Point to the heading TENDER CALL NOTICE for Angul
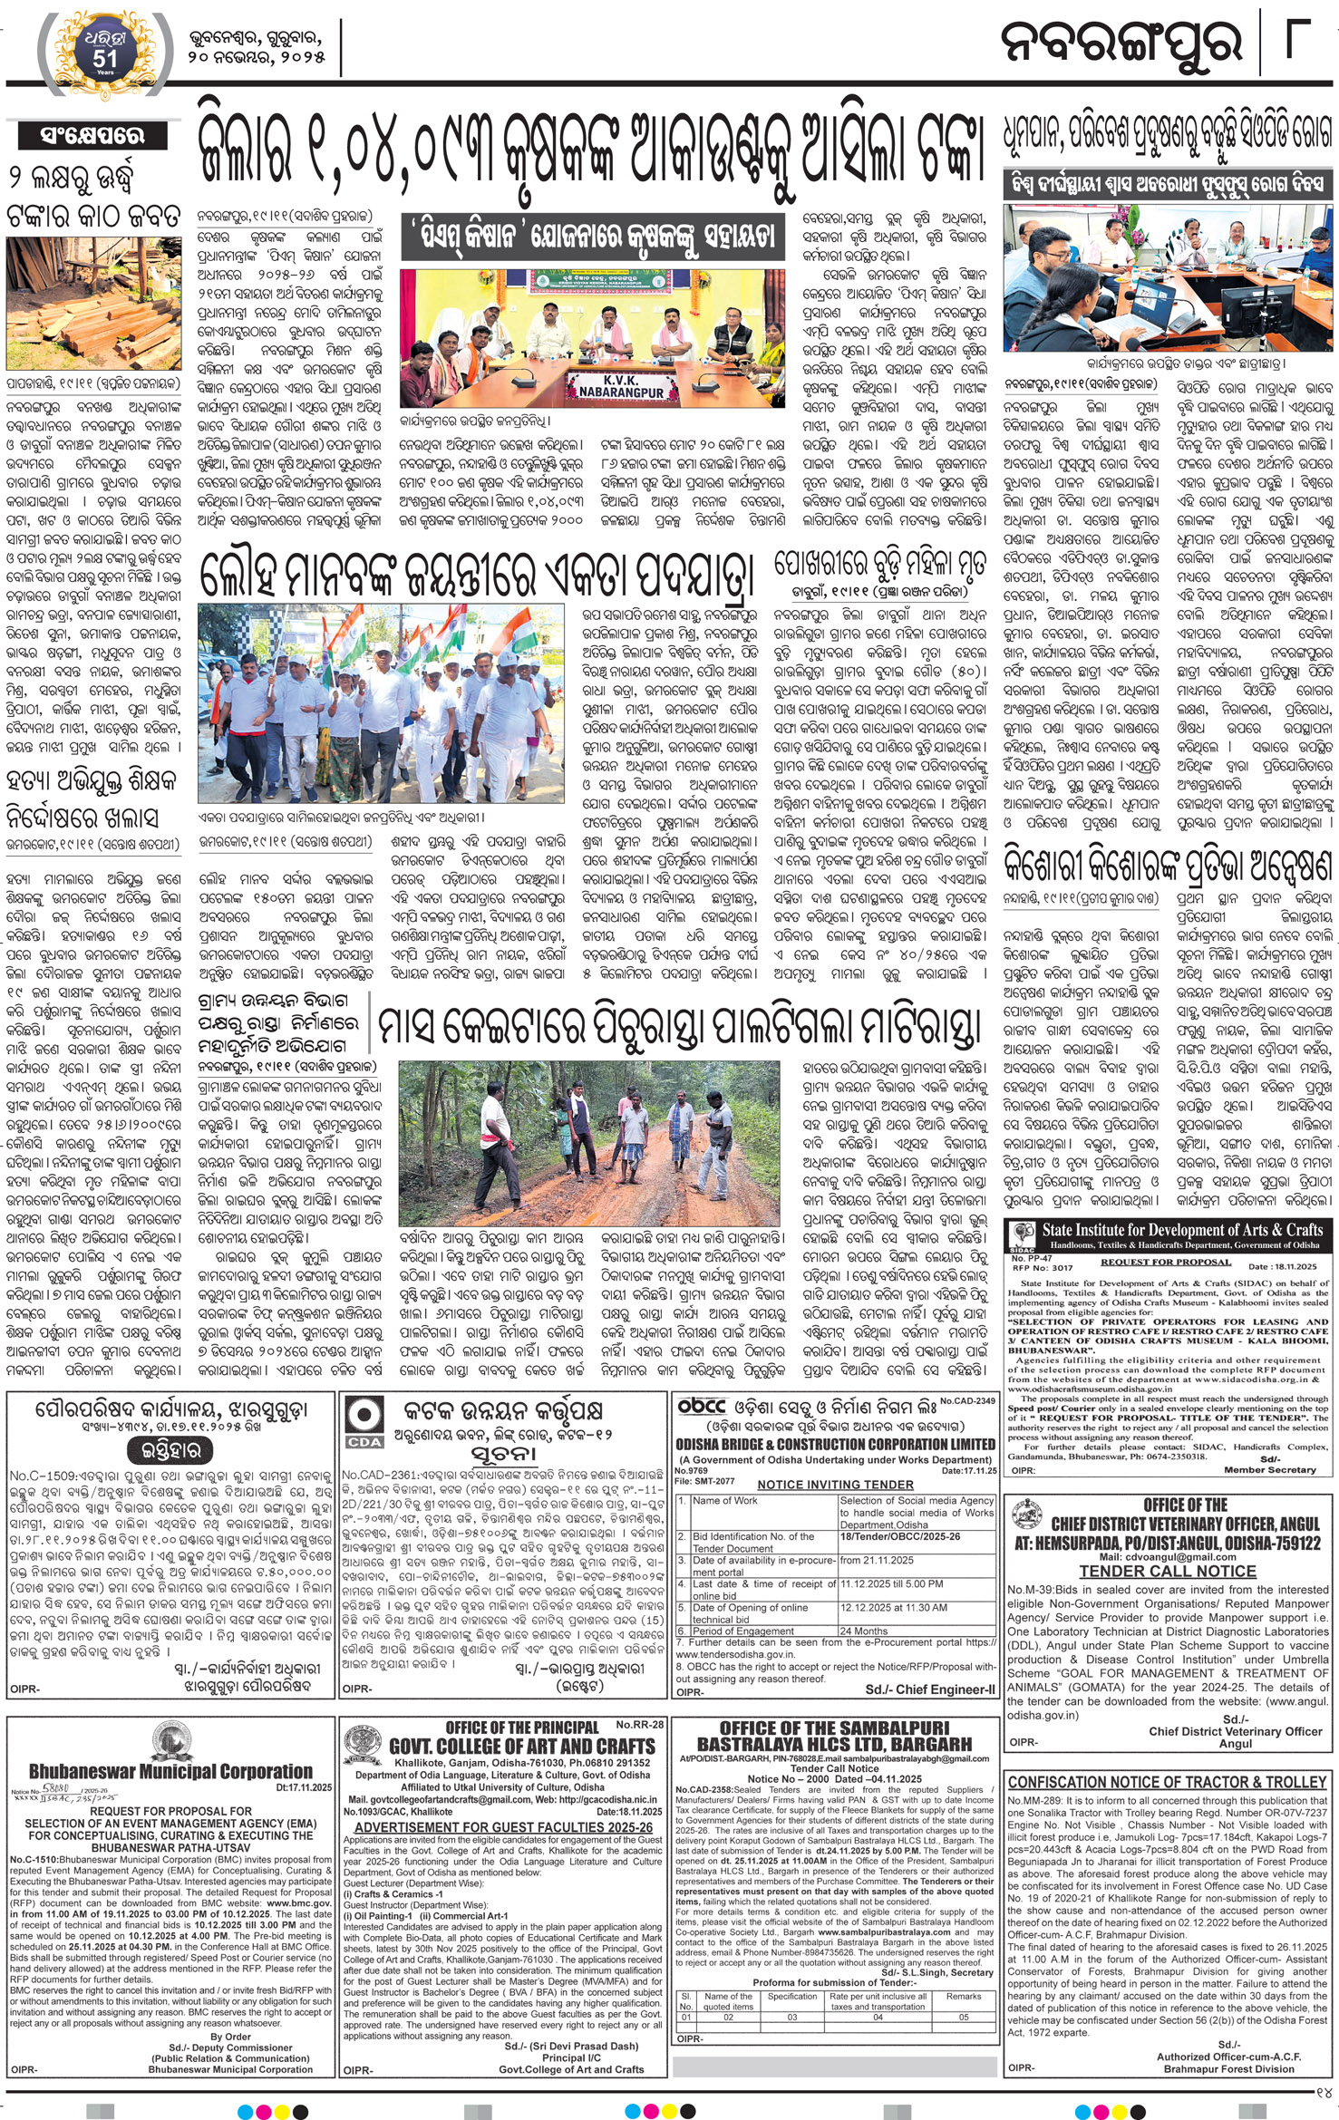[x=1167, y=1570]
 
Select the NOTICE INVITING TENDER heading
[x=835, y=1484]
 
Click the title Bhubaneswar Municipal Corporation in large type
[x=170, y=1771]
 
